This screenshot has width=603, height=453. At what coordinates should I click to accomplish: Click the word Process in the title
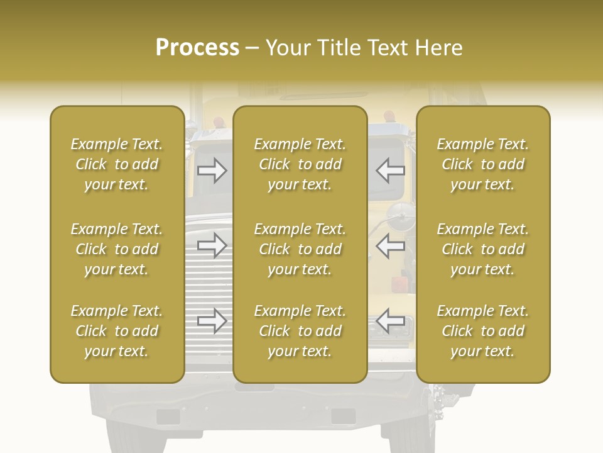coord(197,48)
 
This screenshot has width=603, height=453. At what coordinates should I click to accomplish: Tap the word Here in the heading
coord(440,48)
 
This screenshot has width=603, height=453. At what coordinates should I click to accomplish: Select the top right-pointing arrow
coord(212,171)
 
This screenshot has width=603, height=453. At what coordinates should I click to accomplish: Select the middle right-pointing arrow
coord(212,245)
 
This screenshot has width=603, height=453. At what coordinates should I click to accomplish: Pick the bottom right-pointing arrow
coord(212,321)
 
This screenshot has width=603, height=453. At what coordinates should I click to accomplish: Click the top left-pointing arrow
coord(390,171)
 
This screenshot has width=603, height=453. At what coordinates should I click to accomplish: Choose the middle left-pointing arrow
coord(390,245)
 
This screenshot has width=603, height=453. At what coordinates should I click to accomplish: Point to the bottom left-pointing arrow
coord(390,321)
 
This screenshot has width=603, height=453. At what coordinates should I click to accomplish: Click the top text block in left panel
coord(117,164)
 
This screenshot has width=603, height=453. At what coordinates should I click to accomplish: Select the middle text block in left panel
coord(117,249)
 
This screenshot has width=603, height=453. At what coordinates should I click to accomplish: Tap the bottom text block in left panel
coord(117,331)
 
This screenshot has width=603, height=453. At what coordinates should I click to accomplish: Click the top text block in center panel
coord(300,164)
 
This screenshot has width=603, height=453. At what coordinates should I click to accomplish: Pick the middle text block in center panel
coord(300,249)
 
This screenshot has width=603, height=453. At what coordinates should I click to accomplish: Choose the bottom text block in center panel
coord(300,331)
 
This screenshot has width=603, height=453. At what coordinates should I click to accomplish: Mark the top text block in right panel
coord(482,164)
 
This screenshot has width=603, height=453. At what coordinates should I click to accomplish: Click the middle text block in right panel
coord(482,249)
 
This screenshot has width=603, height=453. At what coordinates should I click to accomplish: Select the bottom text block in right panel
coord(482,331)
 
